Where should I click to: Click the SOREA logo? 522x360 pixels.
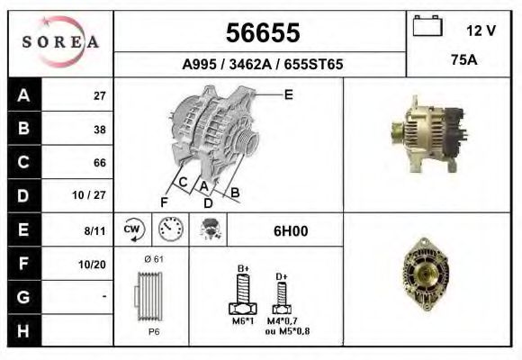[x=60, y=43]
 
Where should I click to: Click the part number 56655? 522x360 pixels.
[x=261, y=33]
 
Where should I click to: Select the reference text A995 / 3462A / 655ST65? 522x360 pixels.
[x=261, y=65]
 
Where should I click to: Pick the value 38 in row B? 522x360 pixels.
[x=99, y=129]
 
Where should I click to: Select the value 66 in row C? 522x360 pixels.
[x=99, y=163]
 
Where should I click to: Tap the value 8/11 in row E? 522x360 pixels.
[x=94, y=230]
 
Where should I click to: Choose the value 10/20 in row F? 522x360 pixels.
[x=93, y=264]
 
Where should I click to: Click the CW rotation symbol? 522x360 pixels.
[x=133, y=230]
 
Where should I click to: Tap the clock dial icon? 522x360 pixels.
[x=170, y=230]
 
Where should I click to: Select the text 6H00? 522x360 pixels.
[x=291, y=231]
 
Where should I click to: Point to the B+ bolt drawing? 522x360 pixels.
[x=243, y=290]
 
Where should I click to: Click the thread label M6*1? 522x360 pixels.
[x=243, y=321]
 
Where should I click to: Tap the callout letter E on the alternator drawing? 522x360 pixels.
[x=288, y=94]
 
